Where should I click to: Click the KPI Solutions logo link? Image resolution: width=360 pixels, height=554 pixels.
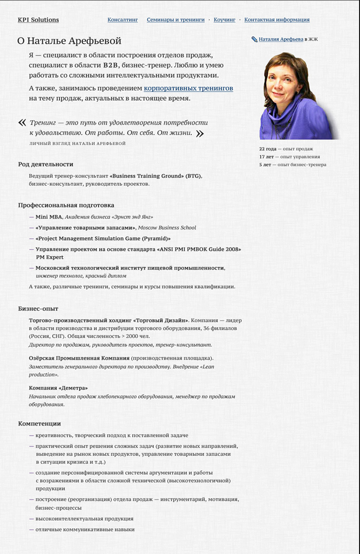click(38, 20)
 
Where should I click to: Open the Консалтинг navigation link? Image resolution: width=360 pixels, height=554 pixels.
click(122, 20)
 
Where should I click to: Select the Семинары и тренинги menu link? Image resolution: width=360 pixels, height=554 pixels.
click(175, 20)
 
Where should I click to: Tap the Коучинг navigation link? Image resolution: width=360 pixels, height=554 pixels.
click(224, 20)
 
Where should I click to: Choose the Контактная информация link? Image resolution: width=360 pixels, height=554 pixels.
click(277, 20)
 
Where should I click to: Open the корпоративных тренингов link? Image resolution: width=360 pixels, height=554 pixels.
click(188, 88)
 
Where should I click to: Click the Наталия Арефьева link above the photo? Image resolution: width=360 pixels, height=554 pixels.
click(281, 39)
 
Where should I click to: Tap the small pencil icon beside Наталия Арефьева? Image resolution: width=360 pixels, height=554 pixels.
click(254, 39)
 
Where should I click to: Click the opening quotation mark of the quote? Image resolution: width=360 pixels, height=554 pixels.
click(22, 122)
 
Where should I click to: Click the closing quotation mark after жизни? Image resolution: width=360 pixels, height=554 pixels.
click(200, 133)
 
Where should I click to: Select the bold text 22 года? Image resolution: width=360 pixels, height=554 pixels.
click(267, 149)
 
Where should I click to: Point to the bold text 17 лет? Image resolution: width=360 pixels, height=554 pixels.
click(266, 157)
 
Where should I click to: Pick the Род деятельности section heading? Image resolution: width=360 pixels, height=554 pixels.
click(46, 164)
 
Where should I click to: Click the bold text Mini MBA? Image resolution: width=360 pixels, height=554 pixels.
click(48, 217)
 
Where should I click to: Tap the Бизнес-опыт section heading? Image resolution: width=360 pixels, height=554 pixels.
click(38, 309)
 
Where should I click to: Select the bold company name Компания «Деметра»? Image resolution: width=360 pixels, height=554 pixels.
click(58, 388)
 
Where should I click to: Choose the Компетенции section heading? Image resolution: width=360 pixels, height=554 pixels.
click(40, 423)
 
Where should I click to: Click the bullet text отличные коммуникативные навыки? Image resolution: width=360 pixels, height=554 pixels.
click(85, 529)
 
